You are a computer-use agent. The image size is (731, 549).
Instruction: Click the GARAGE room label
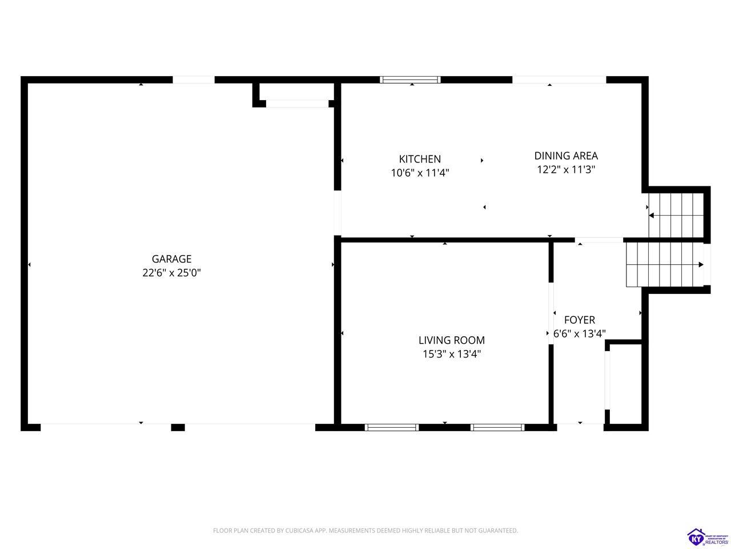tap(171, 259)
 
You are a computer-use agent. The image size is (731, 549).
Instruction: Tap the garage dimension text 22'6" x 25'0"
tap(171, 273)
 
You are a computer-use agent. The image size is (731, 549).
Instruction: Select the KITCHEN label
tap(420, 159)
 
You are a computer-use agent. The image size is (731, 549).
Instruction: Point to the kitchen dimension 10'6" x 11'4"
tap(420, 173)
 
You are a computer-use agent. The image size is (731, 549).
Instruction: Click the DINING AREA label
tap(566, 156)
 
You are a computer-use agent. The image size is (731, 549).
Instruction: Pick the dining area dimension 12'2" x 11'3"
tap(566, 170)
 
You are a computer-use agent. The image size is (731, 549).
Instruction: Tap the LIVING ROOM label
tap(452, 340)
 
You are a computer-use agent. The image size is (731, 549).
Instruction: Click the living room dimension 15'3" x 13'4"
tap(452, 353)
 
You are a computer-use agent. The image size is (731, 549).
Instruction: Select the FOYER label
tap(580, 320)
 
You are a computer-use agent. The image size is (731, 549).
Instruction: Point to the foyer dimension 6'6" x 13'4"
tap(580, 333)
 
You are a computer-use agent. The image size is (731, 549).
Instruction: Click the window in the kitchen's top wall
tap(410, 79)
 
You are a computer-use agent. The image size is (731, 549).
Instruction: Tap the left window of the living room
tap(392, 427)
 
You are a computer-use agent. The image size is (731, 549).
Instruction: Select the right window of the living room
tap(497, 427)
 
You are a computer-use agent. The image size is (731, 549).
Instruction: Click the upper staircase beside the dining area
tap(676, 215)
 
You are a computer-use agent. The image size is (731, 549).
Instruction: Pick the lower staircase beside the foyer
tap(665, 264)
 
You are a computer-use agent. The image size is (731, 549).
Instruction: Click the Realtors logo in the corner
tap(708, 536)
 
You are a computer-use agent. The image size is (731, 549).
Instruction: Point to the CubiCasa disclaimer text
tap(365, 530)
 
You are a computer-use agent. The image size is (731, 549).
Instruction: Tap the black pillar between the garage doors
tap(178, 427)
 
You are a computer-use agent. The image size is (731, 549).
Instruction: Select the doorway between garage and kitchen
tap(338, 213)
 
